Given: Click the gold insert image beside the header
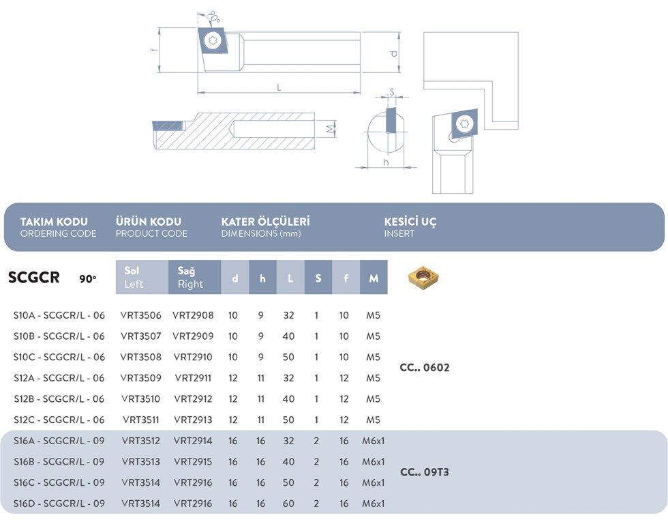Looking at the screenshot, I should click(423, 277).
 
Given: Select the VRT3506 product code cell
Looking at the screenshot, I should click(141, 315).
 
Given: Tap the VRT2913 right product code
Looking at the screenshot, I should click(193, 420).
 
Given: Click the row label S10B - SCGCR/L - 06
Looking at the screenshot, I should click(59, 336).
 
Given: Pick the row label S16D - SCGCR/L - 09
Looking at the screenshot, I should click(59, 504).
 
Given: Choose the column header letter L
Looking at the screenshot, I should click(290, 278).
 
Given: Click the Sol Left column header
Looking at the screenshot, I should click(141, 277).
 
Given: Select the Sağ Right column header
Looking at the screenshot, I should click(194, 277).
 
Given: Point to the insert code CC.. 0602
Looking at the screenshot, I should click(424, 367).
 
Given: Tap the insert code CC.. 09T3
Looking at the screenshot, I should click(424, 471).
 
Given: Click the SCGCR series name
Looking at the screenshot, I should click(34, 278).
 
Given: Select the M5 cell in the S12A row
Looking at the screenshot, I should click(373, 378).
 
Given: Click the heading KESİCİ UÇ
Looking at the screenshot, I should click(410, 222).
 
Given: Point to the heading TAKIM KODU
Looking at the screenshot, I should click(54, 222).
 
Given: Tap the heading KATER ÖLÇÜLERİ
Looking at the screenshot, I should click(265, 222).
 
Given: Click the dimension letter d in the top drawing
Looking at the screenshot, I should click(393, 53).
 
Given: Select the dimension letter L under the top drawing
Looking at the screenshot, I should click(279, 87).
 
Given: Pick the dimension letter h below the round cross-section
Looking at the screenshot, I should click(385, 162).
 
